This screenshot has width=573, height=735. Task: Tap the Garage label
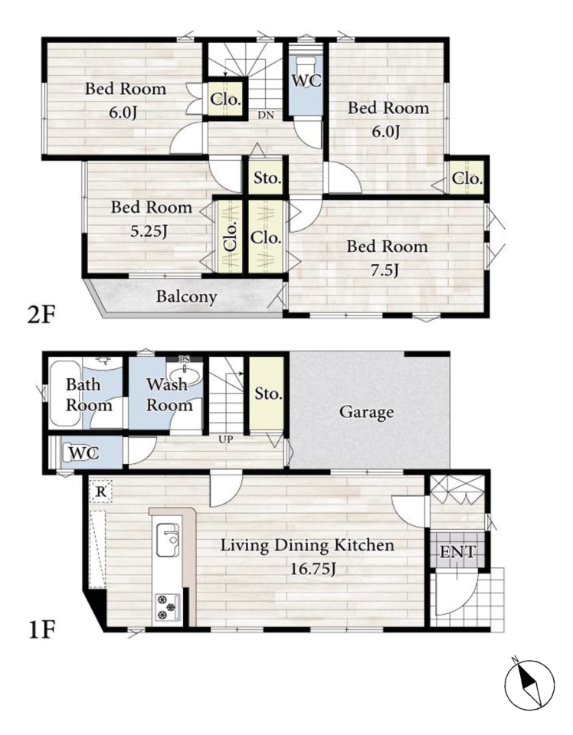(366, 413)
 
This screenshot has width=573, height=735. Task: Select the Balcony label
(186, 297)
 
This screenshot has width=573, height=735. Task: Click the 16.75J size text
(313, 569)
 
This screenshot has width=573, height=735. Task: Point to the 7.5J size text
(385, 270)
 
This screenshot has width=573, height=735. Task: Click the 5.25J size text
(149, 231)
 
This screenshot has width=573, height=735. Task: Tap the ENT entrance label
(457, 552)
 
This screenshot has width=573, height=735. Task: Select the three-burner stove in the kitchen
(168, 607)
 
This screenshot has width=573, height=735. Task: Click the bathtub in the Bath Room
(66, 394)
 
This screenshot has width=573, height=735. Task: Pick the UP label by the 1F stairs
(225, 439)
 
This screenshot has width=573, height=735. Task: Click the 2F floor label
(41, 315)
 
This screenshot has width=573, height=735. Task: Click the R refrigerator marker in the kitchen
(100, 492)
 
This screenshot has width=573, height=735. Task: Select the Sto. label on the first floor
(269, 394)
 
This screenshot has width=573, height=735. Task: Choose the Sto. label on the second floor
(268, 178)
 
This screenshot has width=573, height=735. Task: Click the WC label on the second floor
(306, 80)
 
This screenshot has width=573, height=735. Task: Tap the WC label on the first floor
(84, 452)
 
